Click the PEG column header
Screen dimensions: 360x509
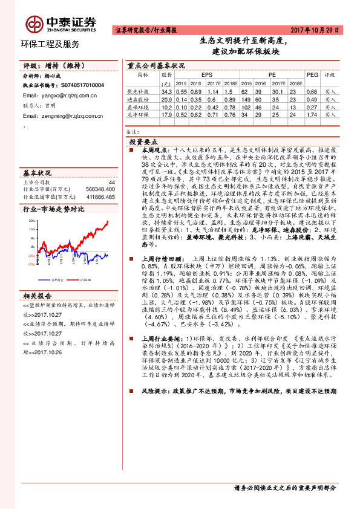pos(312,75)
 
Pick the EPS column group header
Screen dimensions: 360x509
pos(198,75)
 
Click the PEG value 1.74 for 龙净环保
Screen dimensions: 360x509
pos(312,114)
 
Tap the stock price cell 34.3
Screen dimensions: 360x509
pos(167,91)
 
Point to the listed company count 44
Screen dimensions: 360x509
pos(111,182)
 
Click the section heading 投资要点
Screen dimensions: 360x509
pos(145,140)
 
